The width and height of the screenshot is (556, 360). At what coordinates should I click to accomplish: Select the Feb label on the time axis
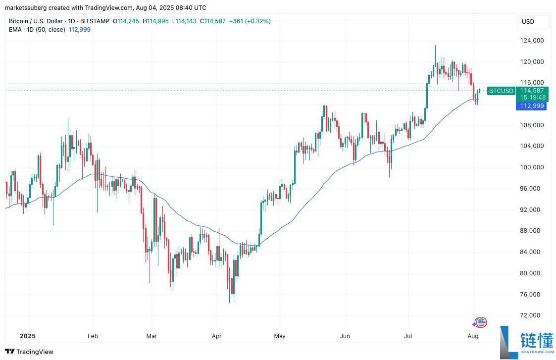92,336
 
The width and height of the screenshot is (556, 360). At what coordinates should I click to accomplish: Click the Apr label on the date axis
216,336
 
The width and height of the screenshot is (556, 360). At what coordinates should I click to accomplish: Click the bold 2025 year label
28,336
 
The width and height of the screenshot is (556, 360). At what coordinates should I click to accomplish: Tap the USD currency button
528,22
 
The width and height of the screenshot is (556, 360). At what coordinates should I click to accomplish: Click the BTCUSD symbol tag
501,91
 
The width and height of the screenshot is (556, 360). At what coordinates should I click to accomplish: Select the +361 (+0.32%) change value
250,21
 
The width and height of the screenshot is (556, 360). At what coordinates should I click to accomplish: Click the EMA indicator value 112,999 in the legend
79,29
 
